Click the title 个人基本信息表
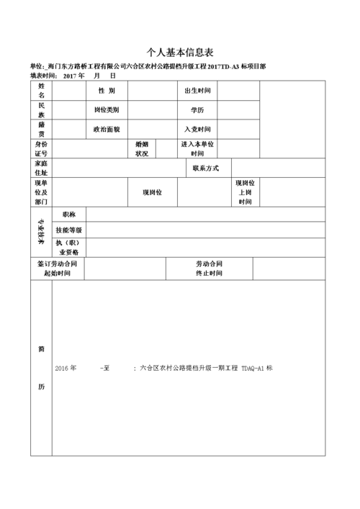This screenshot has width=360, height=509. coord(180,53)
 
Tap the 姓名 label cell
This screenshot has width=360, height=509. coord(42,91)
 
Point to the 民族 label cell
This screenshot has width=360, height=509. coord(42,110)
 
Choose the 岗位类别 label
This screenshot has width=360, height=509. coord(107,110)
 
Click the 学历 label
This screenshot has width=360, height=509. coord(197,110)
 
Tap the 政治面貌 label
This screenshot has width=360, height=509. coord(107,130)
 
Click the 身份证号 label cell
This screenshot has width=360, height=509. coord(41,149)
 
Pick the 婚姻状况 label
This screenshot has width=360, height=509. coord(142,149)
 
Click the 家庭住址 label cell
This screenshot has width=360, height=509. coord(41,168)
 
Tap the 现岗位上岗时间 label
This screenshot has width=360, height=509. coord(245,192)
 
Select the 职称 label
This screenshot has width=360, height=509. coord(69,215)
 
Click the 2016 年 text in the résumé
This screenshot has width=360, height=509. coord(65,368)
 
